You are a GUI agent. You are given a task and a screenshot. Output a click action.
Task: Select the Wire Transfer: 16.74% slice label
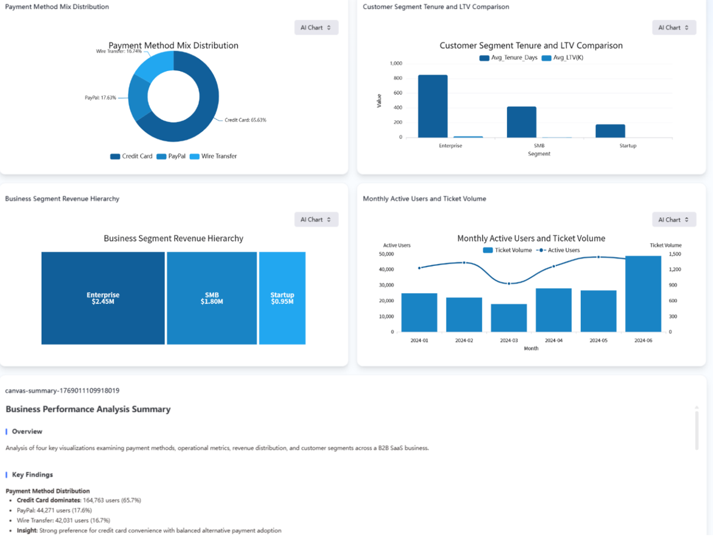[x=119, y=52]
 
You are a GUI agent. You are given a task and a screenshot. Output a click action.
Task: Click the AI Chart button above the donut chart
[x=316, y=27]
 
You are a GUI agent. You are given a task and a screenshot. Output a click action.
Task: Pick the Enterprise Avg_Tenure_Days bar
[x=433, y=106]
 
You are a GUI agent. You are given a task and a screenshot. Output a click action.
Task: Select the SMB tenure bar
[x=521, y=122]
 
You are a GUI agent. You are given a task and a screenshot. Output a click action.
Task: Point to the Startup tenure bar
[x=610, y=131]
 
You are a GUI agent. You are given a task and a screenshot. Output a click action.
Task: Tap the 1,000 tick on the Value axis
[x=396, y=64]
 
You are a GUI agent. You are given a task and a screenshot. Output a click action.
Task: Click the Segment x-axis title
[x=538, y=154]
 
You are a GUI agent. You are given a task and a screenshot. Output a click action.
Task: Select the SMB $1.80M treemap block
[x=212, y=298]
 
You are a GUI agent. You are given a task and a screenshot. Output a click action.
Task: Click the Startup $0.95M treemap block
[x=282, y=298]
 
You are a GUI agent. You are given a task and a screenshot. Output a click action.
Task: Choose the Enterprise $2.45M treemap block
[x=103, y=298]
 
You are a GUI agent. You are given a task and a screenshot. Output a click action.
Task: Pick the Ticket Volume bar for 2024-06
[x=643, y=294]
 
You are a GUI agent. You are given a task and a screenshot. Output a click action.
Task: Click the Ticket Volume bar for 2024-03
[x=509, y=317]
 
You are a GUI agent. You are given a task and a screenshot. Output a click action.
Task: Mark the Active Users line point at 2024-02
[x=464, y=263]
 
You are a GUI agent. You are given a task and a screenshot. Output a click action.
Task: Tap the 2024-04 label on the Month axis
[x=554, y=341]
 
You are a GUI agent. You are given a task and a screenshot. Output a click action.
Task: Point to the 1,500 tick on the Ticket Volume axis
[x=675, y=254]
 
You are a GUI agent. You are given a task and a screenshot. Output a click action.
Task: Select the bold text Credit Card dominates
[x=49, y=501]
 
